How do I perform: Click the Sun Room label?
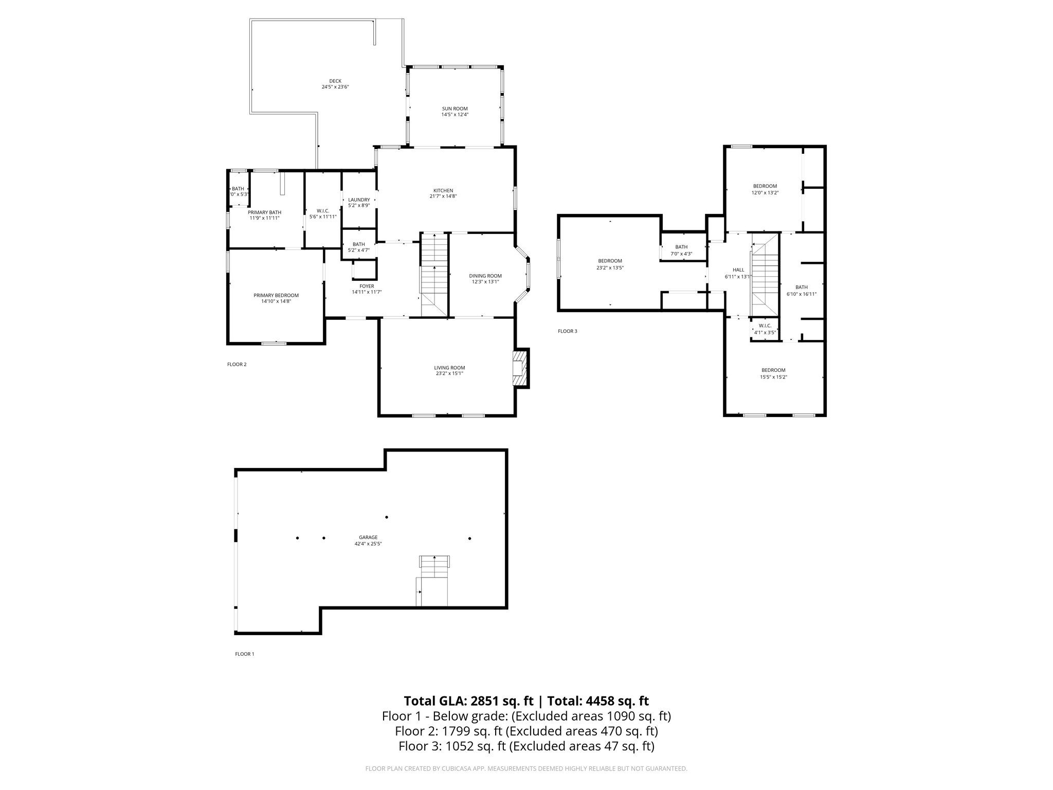coord(455,109)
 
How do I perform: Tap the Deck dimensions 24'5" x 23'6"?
coord(335,87)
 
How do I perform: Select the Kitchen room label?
coord(443,190)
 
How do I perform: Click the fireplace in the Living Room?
coord(520,368)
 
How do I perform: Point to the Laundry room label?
coord(358,200)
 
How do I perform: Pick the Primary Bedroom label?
coord(276,295)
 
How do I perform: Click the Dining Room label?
coord(485,276)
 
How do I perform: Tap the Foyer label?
coord(367,286)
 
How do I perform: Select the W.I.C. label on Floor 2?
coord(322,210)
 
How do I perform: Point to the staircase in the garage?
coord(434,568)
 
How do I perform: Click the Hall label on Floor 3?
coord(738,270)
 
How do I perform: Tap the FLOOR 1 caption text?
coord(244,654)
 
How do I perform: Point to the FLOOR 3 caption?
coord(567,331)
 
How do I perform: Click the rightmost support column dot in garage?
coord(469,538)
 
